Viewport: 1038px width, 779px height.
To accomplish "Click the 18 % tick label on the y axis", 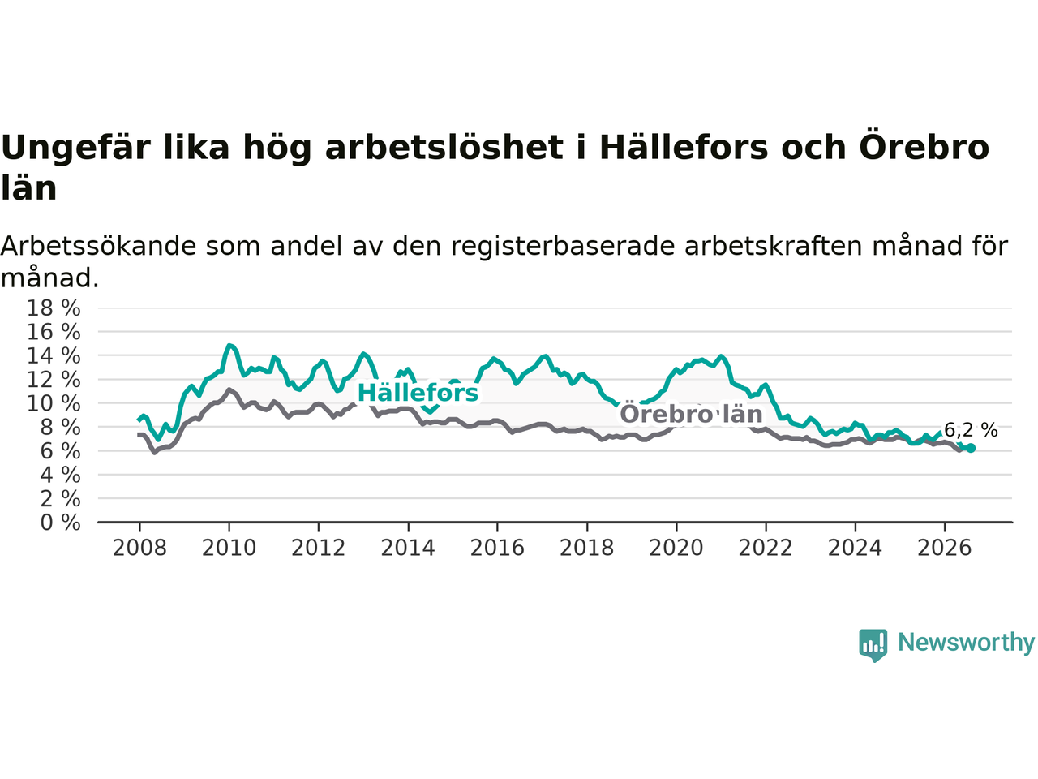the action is [x=54, y=308].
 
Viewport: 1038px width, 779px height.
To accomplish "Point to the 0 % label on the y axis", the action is [x=60, y=523].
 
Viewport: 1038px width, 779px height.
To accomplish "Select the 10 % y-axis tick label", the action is [x=54, y=404].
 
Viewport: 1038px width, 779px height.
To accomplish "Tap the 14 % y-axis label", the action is [x=54, y=356].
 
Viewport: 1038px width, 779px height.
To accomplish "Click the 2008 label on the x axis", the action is [x=139, y=549].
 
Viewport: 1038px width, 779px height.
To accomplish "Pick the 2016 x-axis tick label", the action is [x=497, y=549].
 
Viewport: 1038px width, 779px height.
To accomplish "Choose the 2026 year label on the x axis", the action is [x=945, y=549].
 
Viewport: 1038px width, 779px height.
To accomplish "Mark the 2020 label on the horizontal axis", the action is [x=676, y=549].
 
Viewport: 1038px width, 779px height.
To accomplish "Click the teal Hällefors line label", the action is [x=418, y=393].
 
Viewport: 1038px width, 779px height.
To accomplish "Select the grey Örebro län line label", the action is [x=691, y=414].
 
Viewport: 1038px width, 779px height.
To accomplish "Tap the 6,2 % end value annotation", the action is [x=971, y=430].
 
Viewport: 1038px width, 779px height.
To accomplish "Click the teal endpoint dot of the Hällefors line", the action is [x=971, y=448].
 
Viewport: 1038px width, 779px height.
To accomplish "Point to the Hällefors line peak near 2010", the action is [x=229, y=346].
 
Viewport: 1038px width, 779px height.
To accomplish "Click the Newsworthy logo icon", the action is [x=873, y=645].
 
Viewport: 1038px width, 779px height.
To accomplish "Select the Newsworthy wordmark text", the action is [x=966, y=643].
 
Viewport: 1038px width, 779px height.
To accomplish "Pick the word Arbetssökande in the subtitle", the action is [x=98, y=246].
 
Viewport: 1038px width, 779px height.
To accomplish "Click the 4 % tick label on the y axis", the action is [x=60, y=476].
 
